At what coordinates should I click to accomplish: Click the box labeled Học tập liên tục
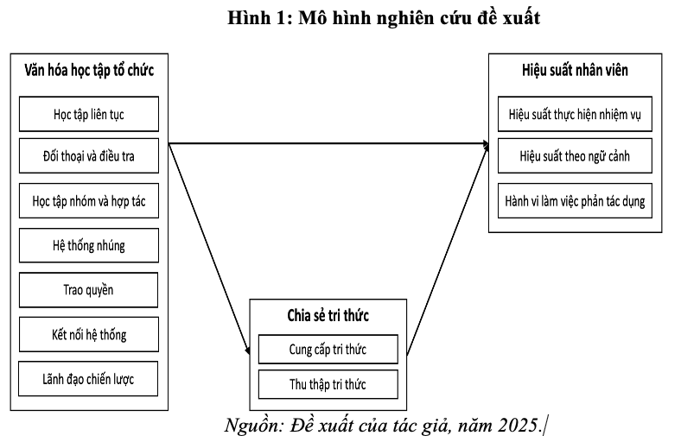(89, 114)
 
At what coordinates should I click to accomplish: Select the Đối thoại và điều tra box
(89, 155)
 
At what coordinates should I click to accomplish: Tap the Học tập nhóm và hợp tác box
(89, 201)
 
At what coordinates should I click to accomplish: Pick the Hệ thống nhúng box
(89, 245)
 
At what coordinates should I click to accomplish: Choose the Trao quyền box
(89, 290)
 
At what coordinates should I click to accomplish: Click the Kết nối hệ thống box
(89, 334)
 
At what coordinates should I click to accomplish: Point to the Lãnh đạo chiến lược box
(88, 379)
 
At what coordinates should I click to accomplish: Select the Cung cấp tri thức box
(328, 349)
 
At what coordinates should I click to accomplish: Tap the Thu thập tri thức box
(328, 384)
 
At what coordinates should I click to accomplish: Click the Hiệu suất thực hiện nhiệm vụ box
(575, 114)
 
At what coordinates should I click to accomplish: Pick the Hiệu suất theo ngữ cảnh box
(575, 155)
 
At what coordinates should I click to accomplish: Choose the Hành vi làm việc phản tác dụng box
(575, 201)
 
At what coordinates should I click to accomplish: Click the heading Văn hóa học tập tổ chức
(89, 70)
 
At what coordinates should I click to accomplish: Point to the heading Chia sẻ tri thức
(328, 315)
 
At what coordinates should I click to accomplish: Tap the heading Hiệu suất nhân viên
(575, 70)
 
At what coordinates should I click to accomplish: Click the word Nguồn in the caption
(251, 426)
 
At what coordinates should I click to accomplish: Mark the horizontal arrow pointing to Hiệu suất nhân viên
(328, 143)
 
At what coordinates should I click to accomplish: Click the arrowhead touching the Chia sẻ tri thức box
(247, 350)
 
